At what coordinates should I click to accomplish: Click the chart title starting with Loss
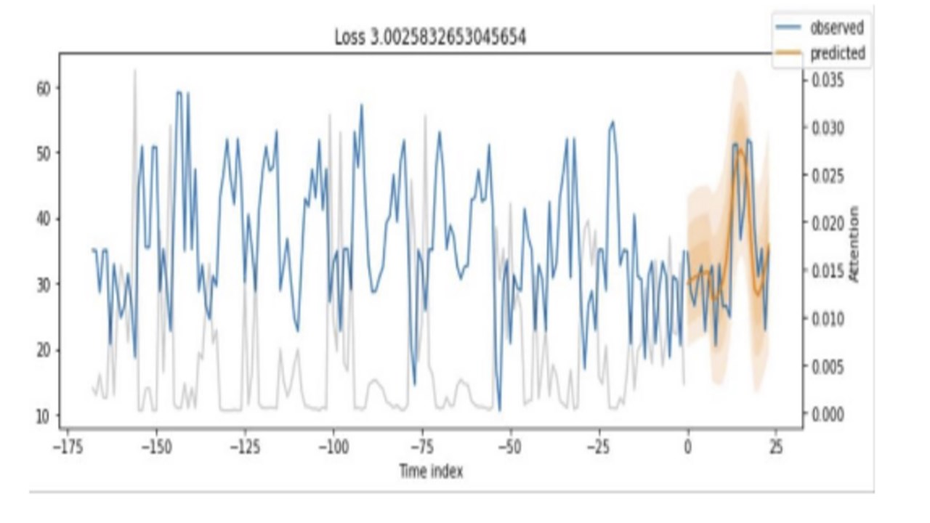[430, 38]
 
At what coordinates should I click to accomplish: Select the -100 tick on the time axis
[333, 446]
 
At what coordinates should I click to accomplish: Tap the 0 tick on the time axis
[687, 446]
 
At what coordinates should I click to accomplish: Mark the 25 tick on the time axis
[775, 446]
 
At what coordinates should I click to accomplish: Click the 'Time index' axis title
[431, 471]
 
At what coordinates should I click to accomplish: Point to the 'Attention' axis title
[854, 244]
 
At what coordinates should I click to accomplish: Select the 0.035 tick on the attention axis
[828, 79]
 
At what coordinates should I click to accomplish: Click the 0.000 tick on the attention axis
[828, 414]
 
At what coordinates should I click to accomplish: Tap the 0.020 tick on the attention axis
[828, 223]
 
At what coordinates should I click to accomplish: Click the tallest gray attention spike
[134, 70]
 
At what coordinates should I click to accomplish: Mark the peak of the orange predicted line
[740, 149]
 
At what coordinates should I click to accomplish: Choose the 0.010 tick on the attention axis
[828, 318]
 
